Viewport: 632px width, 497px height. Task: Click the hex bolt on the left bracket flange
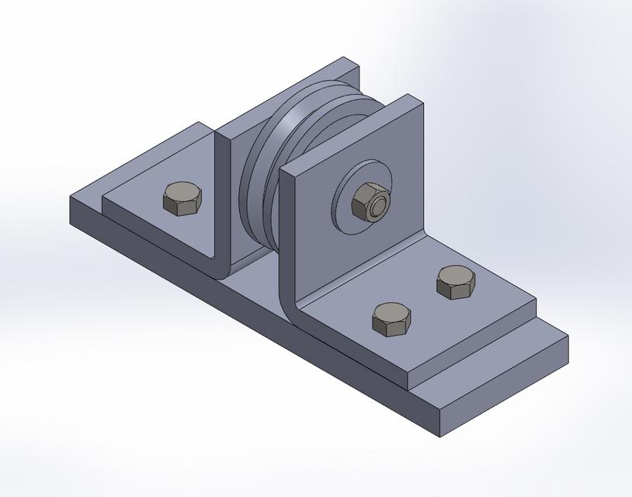point(183,200)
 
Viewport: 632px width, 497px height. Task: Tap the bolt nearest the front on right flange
point(391,319)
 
